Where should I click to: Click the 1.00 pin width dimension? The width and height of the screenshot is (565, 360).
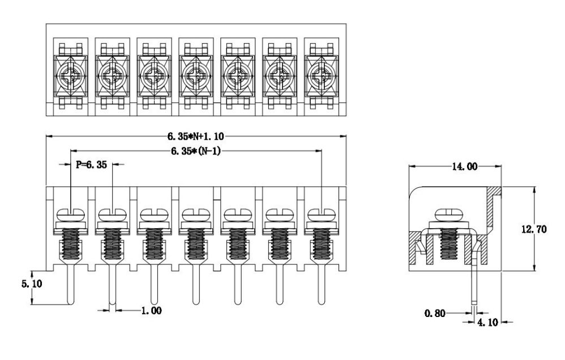click(x=149, y=310)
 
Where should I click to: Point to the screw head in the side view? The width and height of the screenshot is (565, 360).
click(x=450, y=215)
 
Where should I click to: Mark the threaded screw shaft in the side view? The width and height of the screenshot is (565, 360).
click(x=450, y=243)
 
